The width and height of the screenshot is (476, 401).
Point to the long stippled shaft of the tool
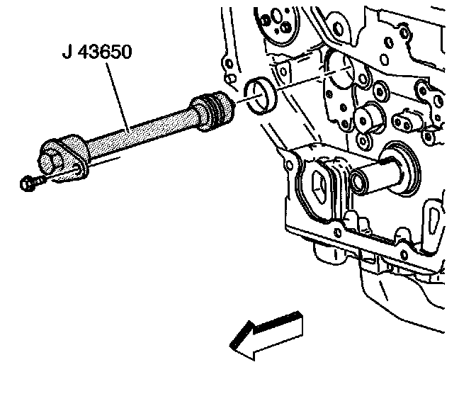pyautogui.click(x=135, y=132)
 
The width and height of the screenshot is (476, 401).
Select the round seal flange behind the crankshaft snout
pyautogui.click(x=404, y=166)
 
